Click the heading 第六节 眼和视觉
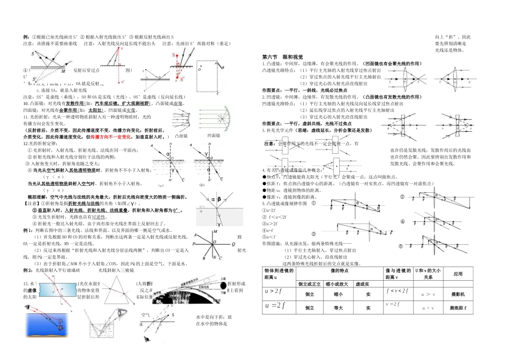(x=282, y=56)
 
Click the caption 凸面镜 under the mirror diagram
(x=182, y=136)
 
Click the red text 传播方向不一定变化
(x=114, y=137)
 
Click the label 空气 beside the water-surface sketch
(x=145, y=315)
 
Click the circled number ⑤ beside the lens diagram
(x=401, y=245)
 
